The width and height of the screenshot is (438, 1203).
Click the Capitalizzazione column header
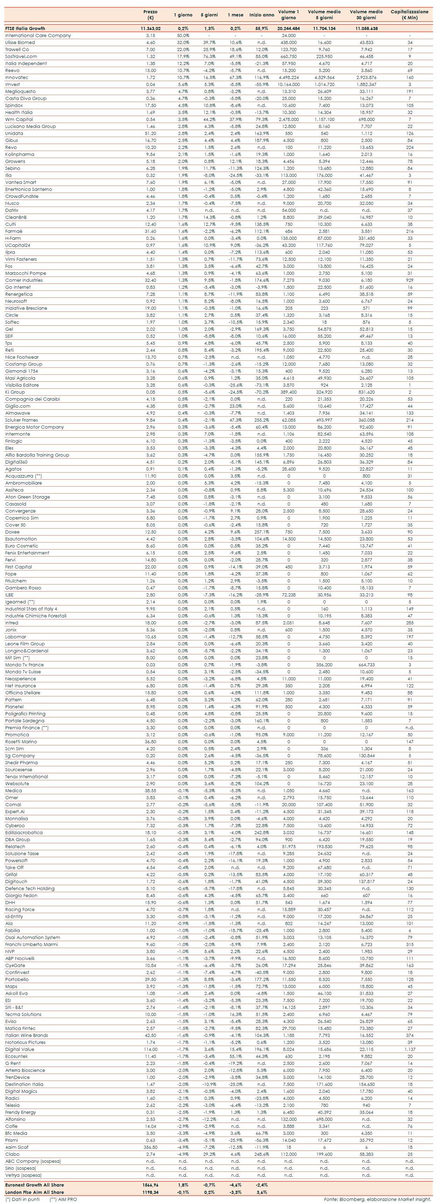tap(409, 14)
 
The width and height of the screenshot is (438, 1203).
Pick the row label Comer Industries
tap(24, 280)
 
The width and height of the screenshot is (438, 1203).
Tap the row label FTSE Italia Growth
tap(25, 28)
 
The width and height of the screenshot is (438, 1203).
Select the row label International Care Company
tap(38, 36)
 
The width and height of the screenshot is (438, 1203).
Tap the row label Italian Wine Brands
tap(27, 1035)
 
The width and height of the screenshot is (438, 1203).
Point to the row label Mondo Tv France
tap(24, 665)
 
